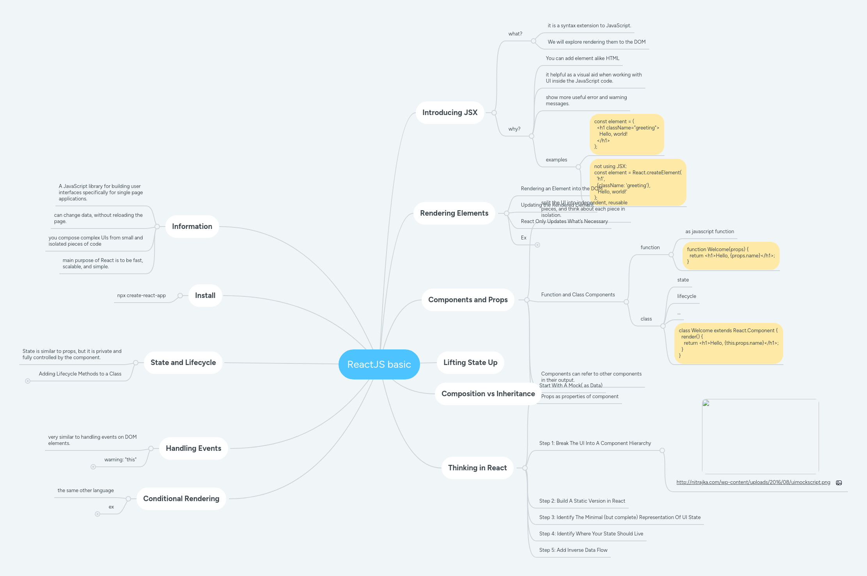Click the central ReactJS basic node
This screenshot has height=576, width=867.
click(379, 364)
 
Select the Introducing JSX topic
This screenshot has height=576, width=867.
click(450, 113)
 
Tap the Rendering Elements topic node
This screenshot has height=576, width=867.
click(454, 213)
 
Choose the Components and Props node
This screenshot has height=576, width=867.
click(468, 300)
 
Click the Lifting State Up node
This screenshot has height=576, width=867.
click(470, 363)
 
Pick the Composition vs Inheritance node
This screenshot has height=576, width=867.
click(488, 394)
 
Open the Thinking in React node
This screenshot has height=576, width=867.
click(477, 468)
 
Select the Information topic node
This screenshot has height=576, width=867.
click(192, 227)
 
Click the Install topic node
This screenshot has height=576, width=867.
click(205, 296)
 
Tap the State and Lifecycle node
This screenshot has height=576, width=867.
click(183, 363)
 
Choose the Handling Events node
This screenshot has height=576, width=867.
click(193, 448)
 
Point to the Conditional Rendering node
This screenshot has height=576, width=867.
click(181, 499)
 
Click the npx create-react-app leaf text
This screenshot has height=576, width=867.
click(141, 296)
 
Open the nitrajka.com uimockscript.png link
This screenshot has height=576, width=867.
click(753, 482)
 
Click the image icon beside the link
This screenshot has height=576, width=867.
click(839, 483)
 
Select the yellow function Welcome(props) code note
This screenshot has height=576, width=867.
click(730, 256)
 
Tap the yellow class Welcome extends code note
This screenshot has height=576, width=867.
click(728, 343)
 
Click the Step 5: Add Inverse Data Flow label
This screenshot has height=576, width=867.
click(573, 550)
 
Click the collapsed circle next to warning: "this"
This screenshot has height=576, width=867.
click(93, 467)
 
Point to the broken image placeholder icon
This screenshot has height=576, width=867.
click(706, 403)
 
